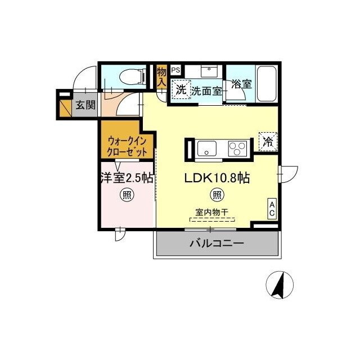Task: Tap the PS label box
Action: pyautogui.click(x=175, y=70)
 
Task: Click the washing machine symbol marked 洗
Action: pyautogui.click(x=180, y=89)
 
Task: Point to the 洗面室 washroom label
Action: pyautogui.click(x=205, y=90)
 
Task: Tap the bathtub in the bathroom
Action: pyautogui.click(x=267, y=84)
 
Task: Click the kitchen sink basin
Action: pyautogui.click(x=206, y=149)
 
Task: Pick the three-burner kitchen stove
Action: pyautogui.click(x=237, y=149)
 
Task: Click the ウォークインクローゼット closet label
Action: pyautogui.click(x=128, y=146)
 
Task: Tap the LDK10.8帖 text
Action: pyautogui.click(x=218, y=178)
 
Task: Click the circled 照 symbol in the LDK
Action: pyautogui.click(x=217, y=195)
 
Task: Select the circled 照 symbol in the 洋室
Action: pyautogui.click(x=126, y=195)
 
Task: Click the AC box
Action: pyautogui.click(x=272, y=209)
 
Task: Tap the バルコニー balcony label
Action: pyautogui.click(x=217, y=244)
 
